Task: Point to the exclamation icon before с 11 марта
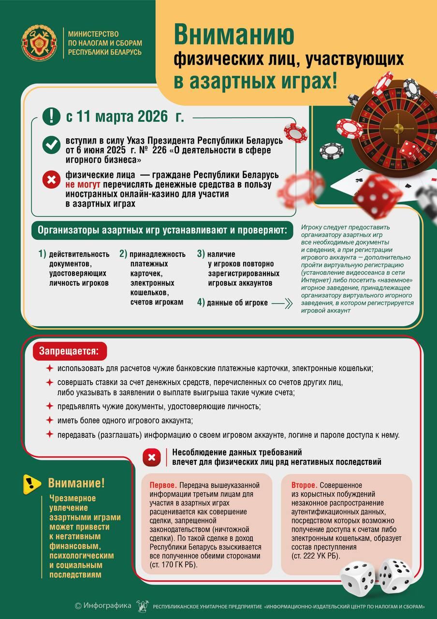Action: pyautogui.click(x=51, y=117)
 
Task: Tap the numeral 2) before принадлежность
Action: pyautogui.click(x=123, y=254)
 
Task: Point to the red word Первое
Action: pyautogui.click(x=163, y=485)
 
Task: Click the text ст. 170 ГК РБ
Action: pyautogui.click(x=174, y=565)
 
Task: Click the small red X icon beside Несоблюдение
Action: pyautogui.click(x=152, y=457)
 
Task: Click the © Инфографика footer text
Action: pyautogui.click(x=103, y=605)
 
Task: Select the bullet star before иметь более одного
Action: pyautogui.click(x=49, y=420)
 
